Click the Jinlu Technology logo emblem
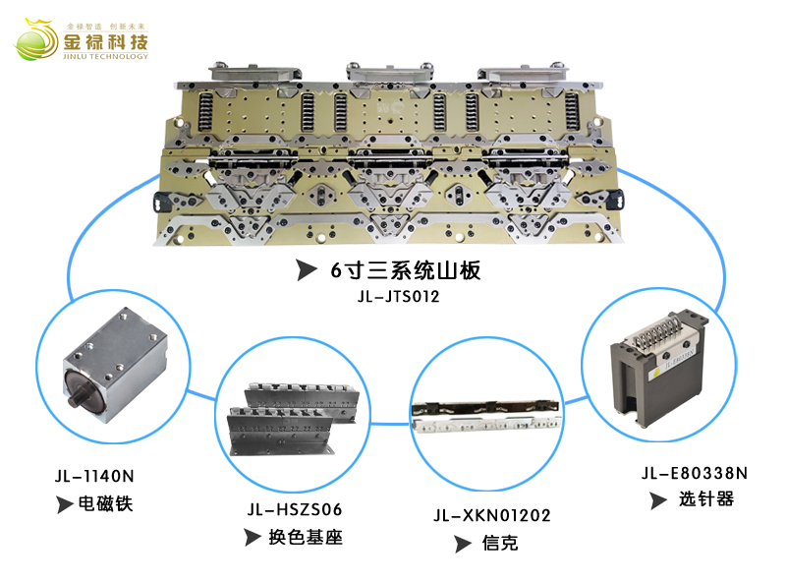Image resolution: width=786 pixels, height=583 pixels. [35, 40]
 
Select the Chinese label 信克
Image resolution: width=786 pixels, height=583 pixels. [500, 544]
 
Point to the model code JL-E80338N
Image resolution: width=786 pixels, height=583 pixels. [695, 472]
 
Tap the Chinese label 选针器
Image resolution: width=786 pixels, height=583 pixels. [705, 499]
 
